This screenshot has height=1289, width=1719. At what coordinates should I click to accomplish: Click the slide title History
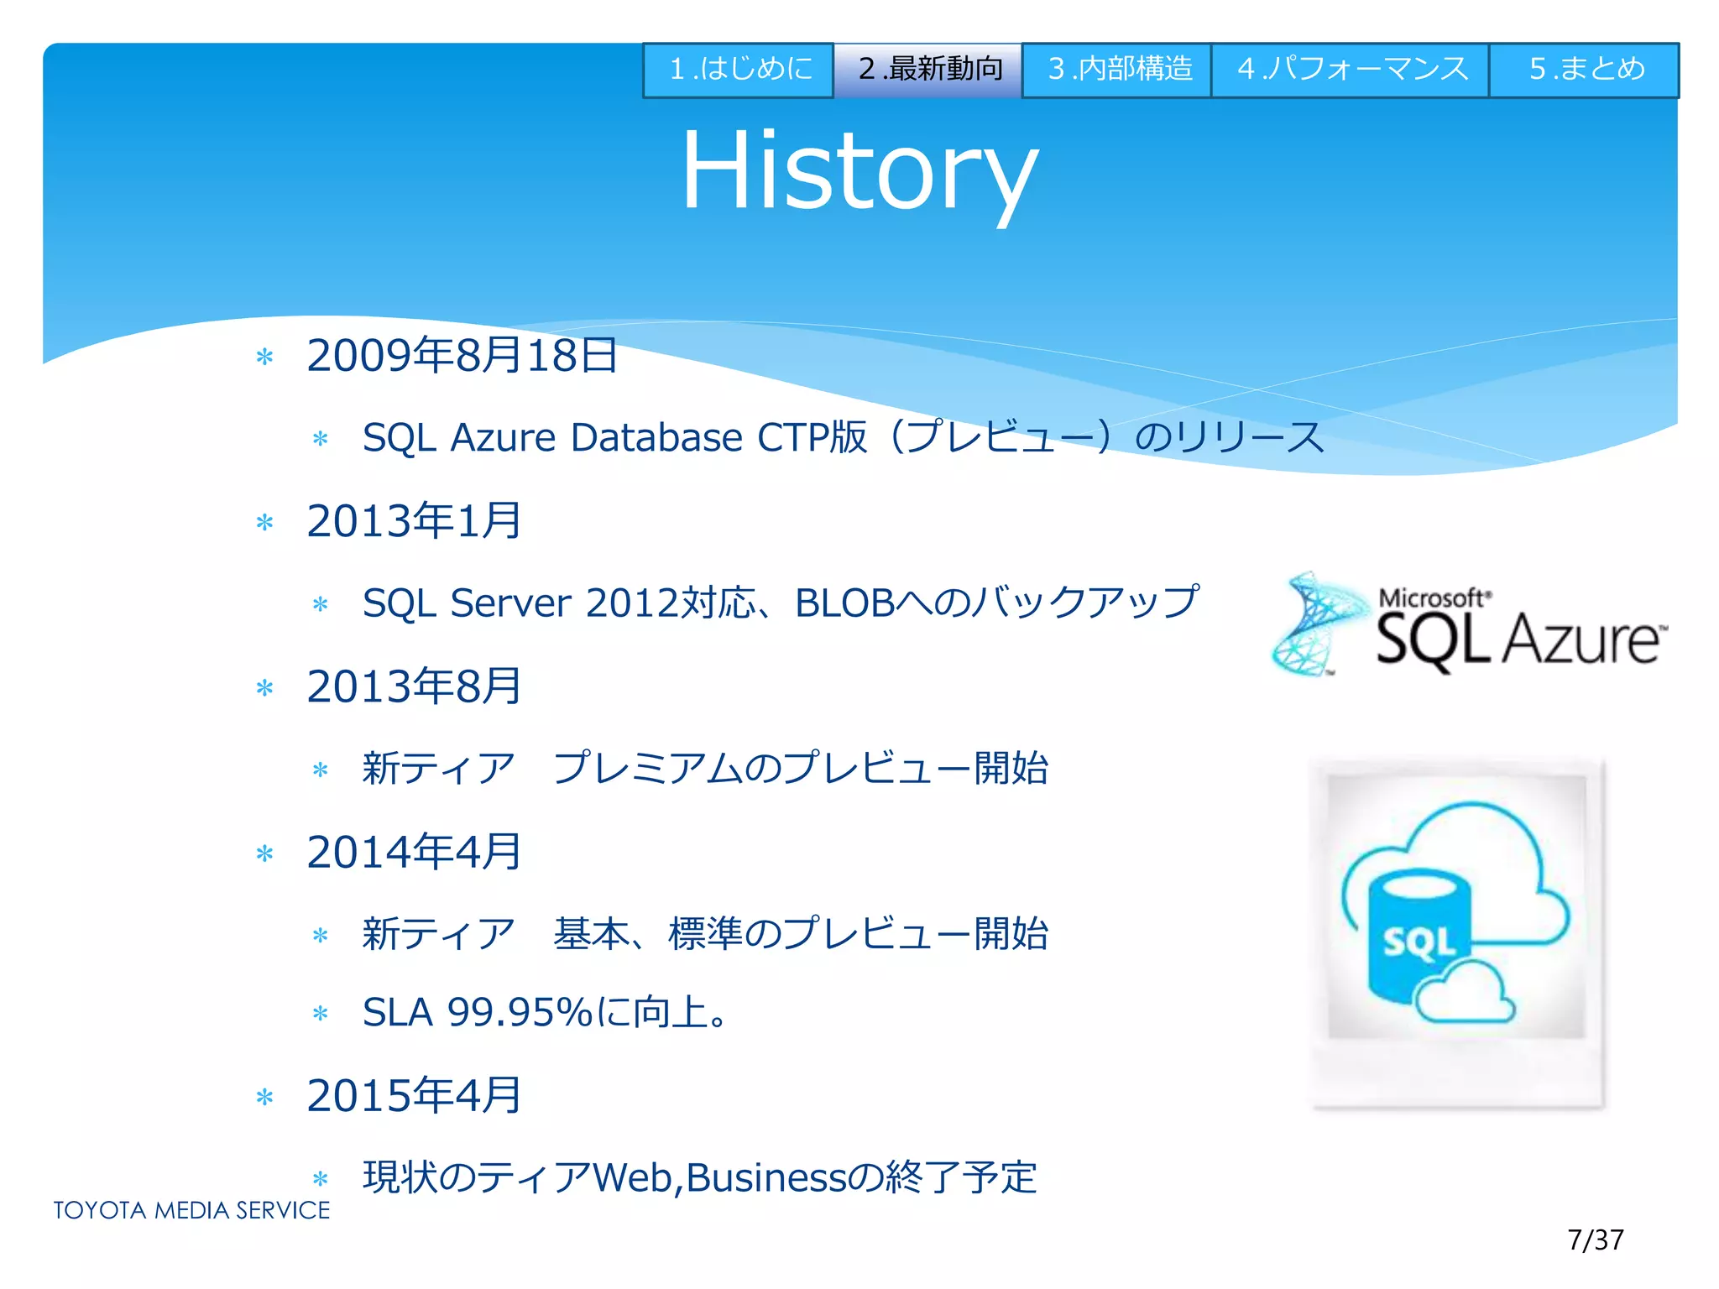859,172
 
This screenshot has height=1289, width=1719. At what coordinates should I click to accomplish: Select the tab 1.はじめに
739,70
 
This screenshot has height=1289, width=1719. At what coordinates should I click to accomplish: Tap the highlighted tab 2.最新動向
928,70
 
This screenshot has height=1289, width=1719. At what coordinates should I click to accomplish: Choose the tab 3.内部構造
1118,70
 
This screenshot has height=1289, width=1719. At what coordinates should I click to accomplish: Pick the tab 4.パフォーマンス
1351,70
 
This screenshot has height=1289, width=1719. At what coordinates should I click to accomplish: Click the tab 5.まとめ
1585,70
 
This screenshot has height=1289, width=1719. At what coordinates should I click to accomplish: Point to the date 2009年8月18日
462,356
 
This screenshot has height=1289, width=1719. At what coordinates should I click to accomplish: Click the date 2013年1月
414,521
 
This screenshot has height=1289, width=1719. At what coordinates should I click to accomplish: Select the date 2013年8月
414,686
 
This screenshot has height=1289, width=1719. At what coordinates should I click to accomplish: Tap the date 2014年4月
414,853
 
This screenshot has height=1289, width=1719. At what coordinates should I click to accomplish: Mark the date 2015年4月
414,1096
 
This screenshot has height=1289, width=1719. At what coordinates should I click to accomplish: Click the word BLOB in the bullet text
844,603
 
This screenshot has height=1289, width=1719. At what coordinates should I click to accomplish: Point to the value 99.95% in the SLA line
520,1013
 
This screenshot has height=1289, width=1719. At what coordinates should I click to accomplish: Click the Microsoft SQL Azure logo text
1518,634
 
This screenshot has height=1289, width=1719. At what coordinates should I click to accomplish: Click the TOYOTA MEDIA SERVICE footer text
191,1210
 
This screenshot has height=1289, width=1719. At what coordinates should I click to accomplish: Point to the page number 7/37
1595,1239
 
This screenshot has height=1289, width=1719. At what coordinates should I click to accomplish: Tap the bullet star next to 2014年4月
265,854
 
